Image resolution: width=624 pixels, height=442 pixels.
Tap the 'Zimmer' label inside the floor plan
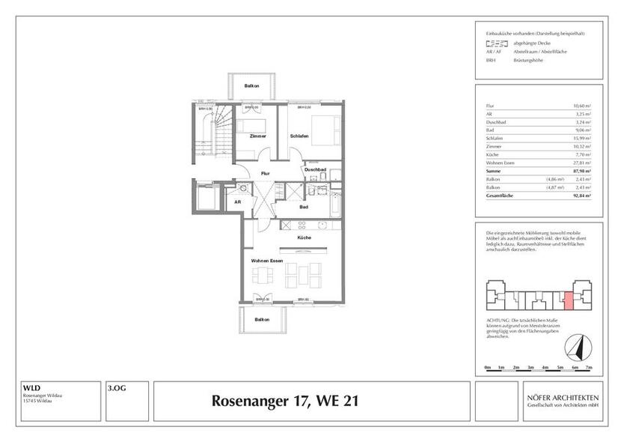click(258, 136)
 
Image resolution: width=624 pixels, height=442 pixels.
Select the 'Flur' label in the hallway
click(265, 173)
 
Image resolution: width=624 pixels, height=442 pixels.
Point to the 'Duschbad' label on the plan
click(314, 170)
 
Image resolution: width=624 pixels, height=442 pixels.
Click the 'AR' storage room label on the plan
click(238, 202)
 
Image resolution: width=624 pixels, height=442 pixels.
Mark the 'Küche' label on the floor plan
click(304, 237)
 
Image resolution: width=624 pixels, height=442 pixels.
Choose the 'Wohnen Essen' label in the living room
click(266, 260)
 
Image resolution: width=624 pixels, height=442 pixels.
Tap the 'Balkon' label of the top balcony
click(252, 86)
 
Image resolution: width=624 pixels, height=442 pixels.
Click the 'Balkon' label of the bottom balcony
click(261, 319)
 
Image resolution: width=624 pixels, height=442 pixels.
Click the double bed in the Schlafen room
click(325, 130)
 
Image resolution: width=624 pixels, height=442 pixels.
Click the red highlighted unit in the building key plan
click(568, 301)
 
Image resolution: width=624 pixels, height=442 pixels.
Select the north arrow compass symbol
click(575, 346)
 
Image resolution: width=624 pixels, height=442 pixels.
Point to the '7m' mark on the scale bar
click(588, 368)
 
